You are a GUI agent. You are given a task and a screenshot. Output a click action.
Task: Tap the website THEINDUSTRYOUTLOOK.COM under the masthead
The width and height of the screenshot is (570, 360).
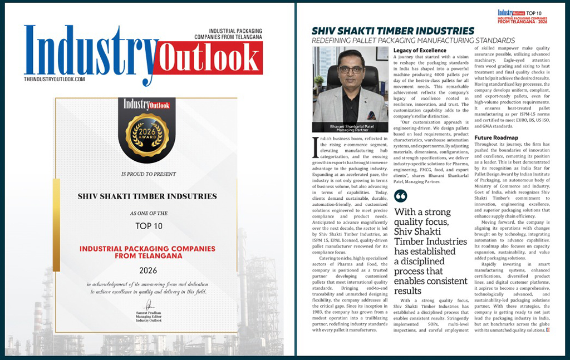pyautogui.click(x=55, y=80)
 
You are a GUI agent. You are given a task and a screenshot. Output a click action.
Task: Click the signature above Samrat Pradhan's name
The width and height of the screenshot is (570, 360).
pyautogui.click(x=149, y=305)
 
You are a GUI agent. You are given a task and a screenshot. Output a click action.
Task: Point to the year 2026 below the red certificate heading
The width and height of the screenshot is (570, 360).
pyautogui.click(x=148, y=270)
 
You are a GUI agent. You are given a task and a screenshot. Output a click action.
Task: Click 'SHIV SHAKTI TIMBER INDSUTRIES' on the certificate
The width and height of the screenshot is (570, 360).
pyautogui.click(x=147, y=196)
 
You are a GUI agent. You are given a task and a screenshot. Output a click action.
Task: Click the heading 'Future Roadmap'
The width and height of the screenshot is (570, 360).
pyautogui.click(x=496, y=137)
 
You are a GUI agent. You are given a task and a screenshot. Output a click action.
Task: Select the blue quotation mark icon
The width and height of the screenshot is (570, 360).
pyautogui.click(x=400, y=196)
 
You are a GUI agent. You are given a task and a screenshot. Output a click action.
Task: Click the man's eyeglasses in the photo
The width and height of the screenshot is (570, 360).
pyautogui.click(x=351, y=70)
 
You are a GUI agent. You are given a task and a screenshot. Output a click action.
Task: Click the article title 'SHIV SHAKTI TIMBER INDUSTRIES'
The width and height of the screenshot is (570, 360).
pyautogui.click(x=393, y=31)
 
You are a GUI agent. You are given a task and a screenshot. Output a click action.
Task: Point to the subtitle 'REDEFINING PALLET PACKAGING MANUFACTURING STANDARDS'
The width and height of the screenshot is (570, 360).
pyautogui.click(x=413, y=41)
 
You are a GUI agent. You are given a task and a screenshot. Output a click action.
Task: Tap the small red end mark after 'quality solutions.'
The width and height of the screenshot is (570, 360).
pyautogui.click(x=548, y=331)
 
